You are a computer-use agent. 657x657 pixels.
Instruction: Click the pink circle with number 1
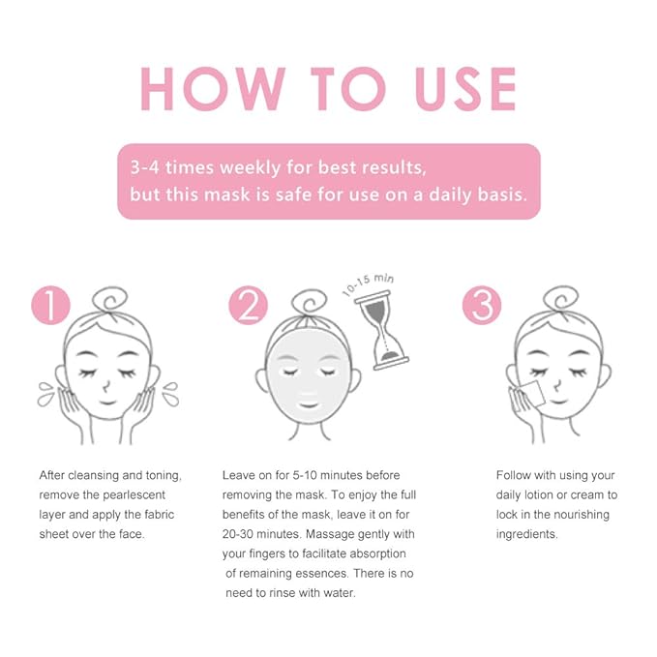tap(50, 306)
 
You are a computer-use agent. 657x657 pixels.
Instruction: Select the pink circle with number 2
tap(248, 306)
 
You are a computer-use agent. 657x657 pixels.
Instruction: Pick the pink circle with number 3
tap(481, 306)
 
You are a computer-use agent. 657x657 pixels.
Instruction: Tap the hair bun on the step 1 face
tap(108, 298)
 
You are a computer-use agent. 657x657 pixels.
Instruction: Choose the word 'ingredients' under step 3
tap(527, 534)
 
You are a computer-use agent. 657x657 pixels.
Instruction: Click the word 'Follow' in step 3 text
tap(515, 475)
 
